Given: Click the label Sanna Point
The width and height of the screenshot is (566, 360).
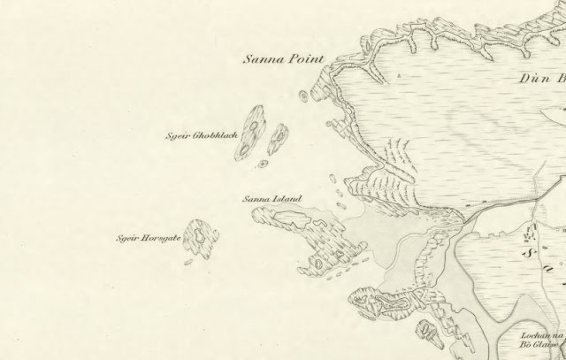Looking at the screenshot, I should click(284, 60).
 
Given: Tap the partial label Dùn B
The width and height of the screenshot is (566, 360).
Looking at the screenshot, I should click(540, 79).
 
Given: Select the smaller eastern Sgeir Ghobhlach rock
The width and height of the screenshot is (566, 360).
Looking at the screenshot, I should click(279, 137).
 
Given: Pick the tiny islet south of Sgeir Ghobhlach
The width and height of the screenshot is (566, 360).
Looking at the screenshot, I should click(263, 164).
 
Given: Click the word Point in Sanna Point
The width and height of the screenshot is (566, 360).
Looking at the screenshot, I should click(307, 60).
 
